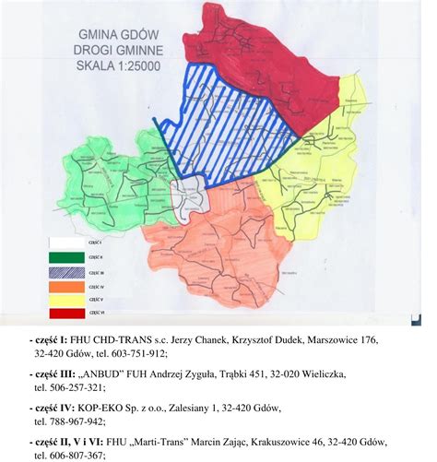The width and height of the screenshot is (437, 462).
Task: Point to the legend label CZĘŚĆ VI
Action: pyautogui.click(x=95, y=314)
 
